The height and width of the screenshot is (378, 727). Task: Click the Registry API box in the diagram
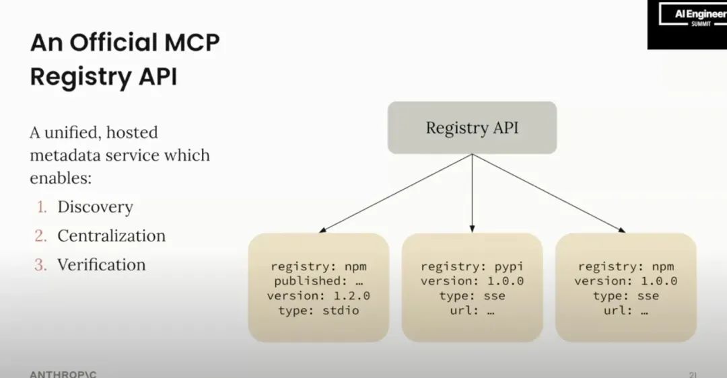[472, 128]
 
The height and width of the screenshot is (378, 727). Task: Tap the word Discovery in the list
[95, 207]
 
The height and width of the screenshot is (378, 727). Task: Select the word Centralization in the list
[111, 236]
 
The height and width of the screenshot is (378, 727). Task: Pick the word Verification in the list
[101, 265]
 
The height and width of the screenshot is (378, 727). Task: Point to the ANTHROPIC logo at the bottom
[63, 373]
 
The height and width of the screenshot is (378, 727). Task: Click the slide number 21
[693, 373]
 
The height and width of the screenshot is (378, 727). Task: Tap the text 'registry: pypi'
[472, 266]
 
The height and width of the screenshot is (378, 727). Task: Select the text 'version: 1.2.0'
[318, 296]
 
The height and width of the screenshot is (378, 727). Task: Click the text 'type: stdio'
[318, 311]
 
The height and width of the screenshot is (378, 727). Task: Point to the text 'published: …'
[318, 281]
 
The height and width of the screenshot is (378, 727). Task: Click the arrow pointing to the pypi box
[472, 195]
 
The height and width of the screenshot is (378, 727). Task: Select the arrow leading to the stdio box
[394, 194]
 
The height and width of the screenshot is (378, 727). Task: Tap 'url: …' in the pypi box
[472, 311]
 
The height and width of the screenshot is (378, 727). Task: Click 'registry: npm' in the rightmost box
[625, 266]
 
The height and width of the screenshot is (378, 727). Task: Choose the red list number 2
[40, 236]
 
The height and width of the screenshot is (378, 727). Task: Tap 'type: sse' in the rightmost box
[625, 296]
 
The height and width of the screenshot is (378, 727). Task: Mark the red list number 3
[40, 265]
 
